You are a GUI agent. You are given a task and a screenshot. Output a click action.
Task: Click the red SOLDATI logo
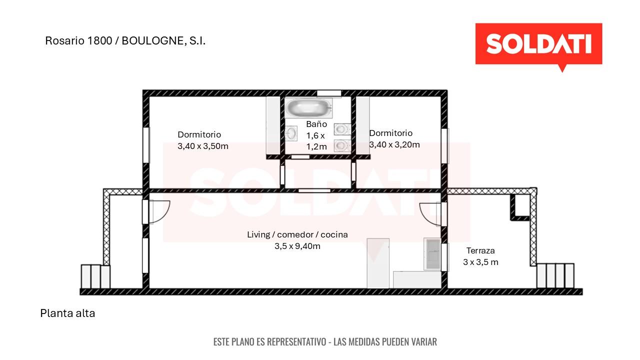tap(538, 45)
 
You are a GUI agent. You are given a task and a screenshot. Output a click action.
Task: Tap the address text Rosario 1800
tap(78, 41)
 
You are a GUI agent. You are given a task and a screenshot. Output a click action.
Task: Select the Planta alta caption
tap(67, 313)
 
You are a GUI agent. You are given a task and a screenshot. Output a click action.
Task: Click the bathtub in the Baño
tap(308, 107)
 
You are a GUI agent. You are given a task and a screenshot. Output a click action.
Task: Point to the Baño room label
tap(316, 124)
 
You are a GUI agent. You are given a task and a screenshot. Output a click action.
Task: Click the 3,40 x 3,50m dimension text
tap(203, 146)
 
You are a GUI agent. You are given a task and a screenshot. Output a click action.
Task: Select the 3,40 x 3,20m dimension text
tap(394, 145)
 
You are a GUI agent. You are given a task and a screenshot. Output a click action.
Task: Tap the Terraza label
tap(480, 250)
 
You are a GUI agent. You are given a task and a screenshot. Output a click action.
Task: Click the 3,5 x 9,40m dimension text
tap(297, 246)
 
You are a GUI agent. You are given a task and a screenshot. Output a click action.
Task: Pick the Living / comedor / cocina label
tap(297, 234)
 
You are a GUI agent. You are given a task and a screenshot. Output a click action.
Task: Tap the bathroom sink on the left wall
tap(291, 133)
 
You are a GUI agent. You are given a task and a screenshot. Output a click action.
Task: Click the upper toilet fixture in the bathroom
tap(342, 129)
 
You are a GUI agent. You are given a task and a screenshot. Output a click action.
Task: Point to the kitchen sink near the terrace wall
tap(433, 254)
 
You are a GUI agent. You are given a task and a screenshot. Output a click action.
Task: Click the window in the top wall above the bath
tap(329, 93)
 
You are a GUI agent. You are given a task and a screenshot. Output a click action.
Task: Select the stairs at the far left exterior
tap(95, 276)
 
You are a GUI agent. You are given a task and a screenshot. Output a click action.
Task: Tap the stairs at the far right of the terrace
tap(555, 275)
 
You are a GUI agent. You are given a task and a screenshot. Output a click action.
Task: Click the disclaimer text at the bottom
tap(325, 341)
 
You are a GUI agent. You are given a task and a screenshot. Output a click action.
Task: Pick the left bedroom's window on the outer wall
tap(146, 145)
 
